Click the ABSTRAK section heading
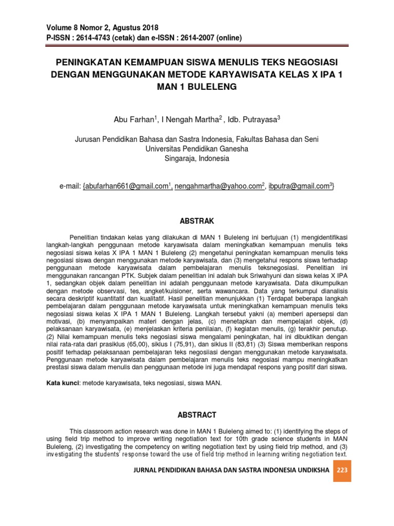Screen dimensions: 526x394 196,221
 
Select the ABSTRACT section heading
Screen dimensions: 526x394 196,415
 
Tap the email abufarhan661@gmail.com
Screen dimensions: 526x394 126,186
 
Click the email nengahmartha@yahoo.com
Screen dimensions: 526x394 218,186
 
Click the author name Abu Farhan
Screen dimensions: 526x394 134,120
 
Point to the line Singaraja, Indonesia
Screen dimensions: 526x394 197,159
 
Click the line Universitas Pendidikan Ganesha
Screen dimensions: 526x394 197,149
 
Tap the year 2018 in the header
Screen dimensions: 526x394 148,28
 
